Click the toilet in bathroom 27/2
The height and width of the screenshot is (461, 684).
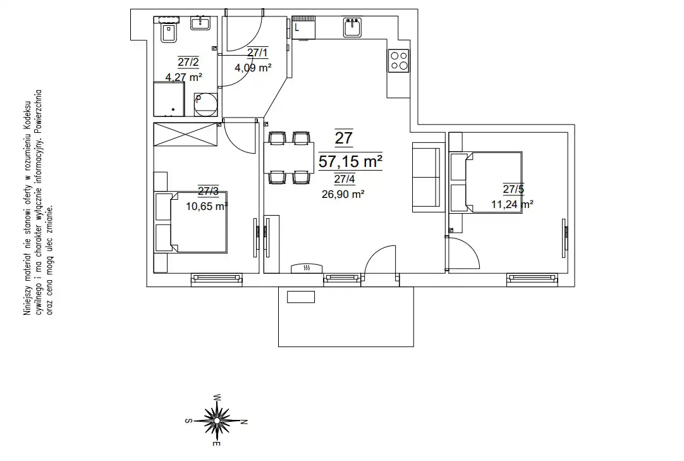coord(168,33)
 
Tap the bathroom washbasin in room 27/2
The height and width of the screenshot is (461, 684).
coord(200,23)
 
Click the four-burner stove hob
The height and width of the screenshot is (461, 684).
coord(399,61)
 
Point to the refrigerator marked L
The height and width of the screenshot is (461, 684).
coord(303,28)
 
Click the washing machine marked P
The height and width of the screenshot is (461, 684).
coord(205,104)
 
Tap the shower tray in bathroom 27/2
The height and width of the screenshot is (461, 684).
coord(169,99)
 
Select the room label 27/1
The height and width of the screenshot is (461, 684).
coord(258,53)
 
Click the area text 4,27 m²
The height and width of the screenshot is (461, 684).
coord(184,77)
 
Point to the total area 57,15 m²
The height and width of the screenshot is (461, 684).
coord(351,161)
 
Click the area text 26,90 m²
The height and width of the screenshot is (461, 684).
coord(343,194)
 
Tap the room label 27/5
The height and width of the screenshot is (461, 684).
coord(513,189)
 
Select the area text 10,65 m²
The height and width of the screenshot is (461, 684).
coord(207,206)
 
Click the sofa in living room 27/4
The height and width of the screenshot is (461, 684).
coord(425,177)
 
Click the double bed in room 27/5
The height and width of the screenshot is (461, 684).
coord(486,182)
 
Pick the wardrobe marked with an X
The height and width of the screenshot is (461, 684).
coord(186,135)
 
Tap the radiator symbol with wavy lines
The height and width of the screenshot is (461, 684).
coord(307,268)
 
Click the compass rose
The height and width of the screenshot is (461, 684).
coord(217,421)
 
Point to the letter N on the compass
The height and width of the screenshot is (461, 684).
coord(244,422)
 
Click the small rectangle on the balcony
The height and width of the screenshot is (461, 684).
coord(300,297)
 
